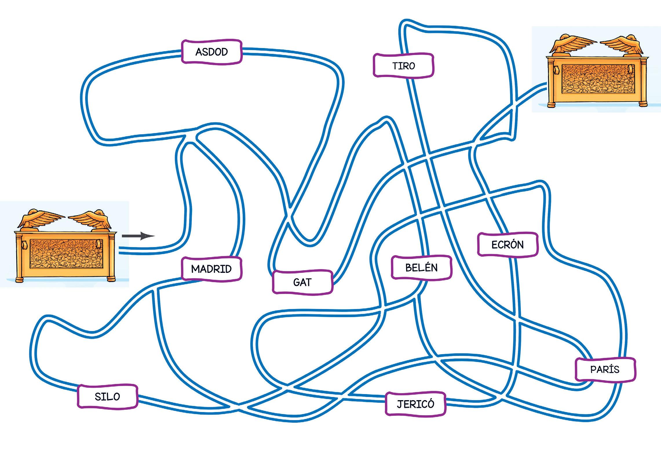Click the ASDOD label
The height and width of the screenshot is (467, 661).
[x=211, y=52]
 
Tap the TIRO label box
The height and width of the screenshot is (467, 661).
[x=403, y=66]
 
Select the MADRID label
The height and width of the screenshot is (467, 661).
[x=211, y=269]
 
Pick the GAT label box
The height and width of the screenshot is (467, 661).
[x=302, y=282]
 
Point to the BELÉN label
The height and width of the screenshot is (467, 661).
[x=421, y=268]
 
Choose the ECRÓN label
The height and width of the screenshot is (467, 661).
[x=507, y=245]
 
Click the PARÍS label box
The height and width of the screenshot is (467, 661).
[x=605, y=369]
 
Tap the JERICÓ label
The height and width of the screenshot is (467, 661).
[x=415, y=404]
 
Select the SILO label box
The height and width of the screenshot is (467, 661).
[x=107, y=396]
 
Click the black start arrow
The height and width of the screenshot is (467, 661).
[x=138, y=236]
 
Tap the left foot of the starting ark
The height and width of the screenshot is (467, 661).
[x=20, y=280]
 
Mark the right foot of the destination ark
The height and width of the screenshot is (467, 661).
[x=640, y=104]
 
